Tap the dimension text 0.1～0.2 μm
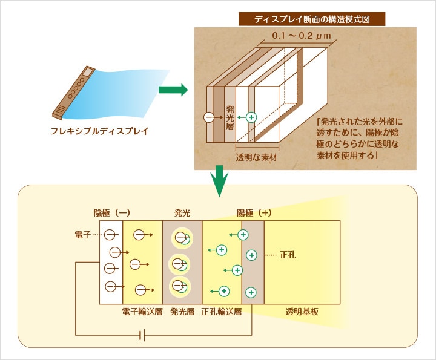coord(300,37)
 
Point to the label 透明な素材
coord(256,157)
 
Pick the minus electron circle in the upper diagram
coord(209,117)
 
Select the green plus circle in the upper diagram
coord(251,116)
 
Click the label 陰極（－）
coord(112,213)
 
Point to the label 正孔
coord(288,255)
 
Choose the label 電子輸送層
coord(142,313)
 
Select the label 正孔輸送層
coord(222,313)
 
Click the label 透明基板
coord(302,313)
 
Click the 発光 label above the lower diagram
coord(182,213)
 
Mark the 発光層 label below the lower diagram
coord(182,313)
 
